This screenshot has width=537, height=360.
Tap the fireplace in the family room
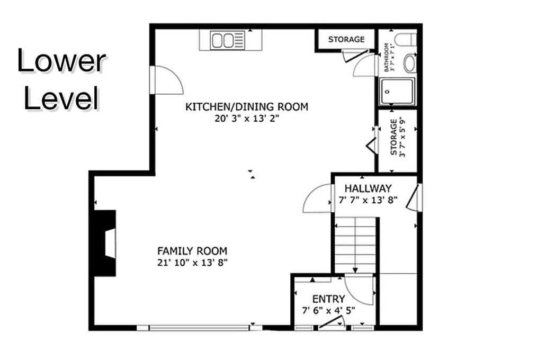(106, 243)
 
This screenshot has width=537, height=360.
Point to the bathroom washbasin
(410, 64)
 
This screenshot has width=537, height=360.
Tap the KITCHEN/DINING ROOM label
(246, 107)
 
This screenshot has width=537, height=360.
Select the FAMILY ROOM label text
(192, 251)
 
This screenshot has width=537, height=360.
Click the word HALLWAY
(368, 188)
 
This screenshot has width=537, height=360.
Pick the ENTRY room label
(328, 299)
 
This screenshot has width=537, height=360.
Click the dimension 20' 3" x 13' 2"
(246, 119)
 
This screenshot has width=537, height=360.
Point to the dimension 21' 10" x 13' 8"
(192, 262)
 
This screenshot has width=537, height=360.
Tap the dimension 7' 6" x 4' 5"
(328, 310)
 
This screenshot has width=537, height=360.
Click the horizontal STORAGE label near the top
(346, 39)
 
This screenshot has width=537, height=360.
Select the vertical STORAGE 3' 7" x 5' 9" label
(397, 138)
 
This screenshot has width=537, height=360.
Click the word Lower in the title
(61, 61)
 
